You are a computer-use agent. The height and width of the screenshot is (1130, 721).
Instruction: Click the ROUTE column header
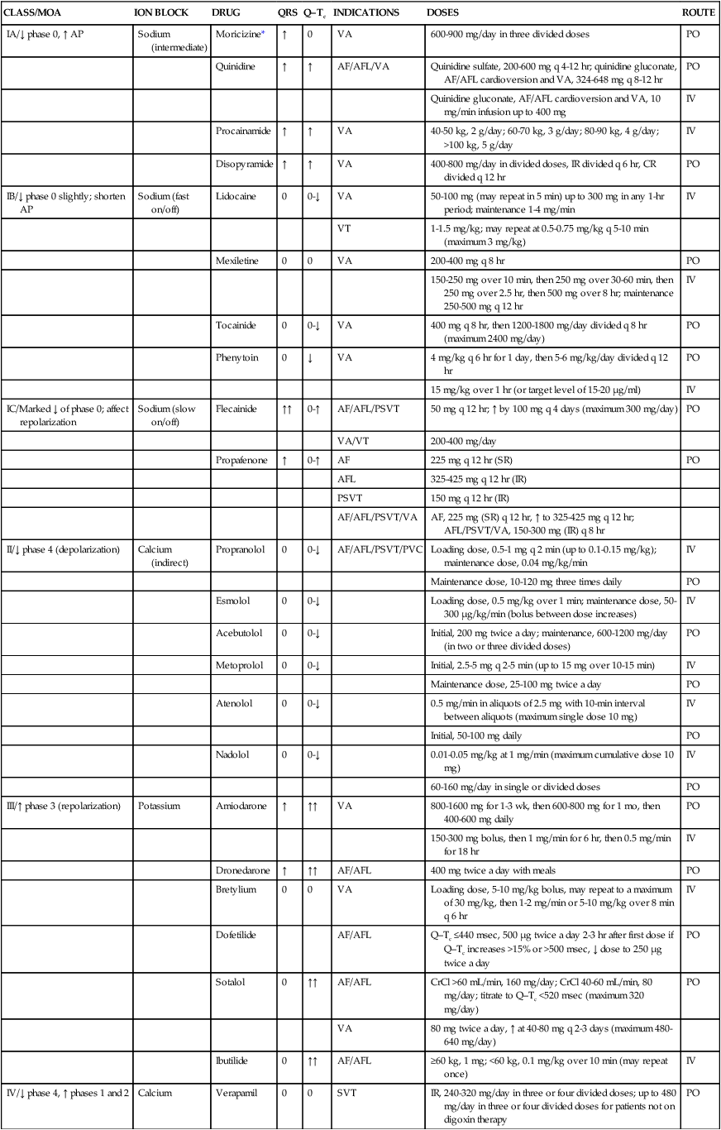point(698,13)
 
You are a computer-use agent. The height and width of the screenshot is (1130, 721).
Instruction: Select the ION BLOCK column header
point(161,13)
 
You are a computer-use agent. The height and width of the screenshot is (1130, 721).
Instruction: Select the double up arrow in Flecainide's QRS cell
point(285,409)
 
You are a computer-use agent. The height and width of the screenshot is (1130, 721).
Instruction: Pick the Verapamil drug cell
point(236,1093)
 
